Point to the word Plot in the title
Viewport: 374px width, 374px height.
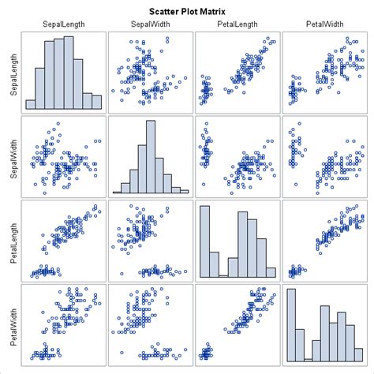197,12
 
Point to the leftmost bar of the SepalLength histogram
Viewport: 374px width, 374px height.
30,103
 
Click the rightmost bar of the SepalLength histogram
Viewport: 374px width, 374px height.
97,101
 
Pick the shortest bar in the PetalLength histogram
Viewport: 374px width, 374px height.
224,275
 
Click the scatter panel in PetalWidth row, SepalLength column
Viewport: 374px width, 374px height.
63,324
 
